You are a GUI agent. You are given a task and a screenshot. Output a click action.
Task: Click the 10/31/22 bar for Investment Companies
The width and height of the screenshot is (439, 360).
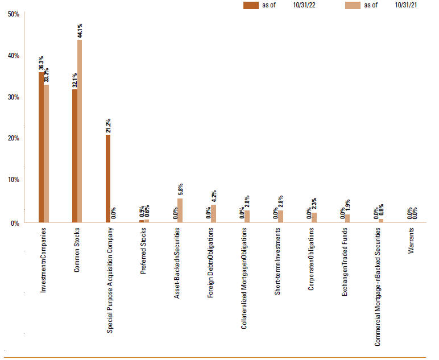click(41, 147)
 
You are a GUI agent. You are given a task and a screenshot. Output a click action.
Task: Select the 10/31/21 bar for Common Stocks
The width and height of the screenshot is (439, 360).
click(80, 131)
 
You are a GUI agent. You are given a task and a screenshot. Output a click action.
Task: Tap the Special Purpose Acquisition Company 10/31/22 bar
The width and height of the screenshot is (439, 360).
click(108, 179)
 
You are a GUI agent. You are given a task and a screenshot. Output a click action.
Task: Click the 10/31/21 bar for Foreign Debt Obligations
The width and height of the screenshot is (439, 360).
click(214, 213)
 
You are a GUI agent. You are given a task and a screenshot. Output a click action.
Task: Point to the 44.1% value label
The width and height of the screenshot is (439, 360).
click(80, 31)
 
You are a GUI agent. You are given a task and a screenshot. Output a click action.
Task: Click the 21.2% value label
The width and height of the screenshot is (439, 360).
click(108, 126)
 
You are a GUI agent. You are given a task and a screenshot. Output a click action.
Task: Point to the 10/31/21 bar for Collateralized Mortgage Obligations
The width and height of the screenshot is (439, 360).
click(247, 216)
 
